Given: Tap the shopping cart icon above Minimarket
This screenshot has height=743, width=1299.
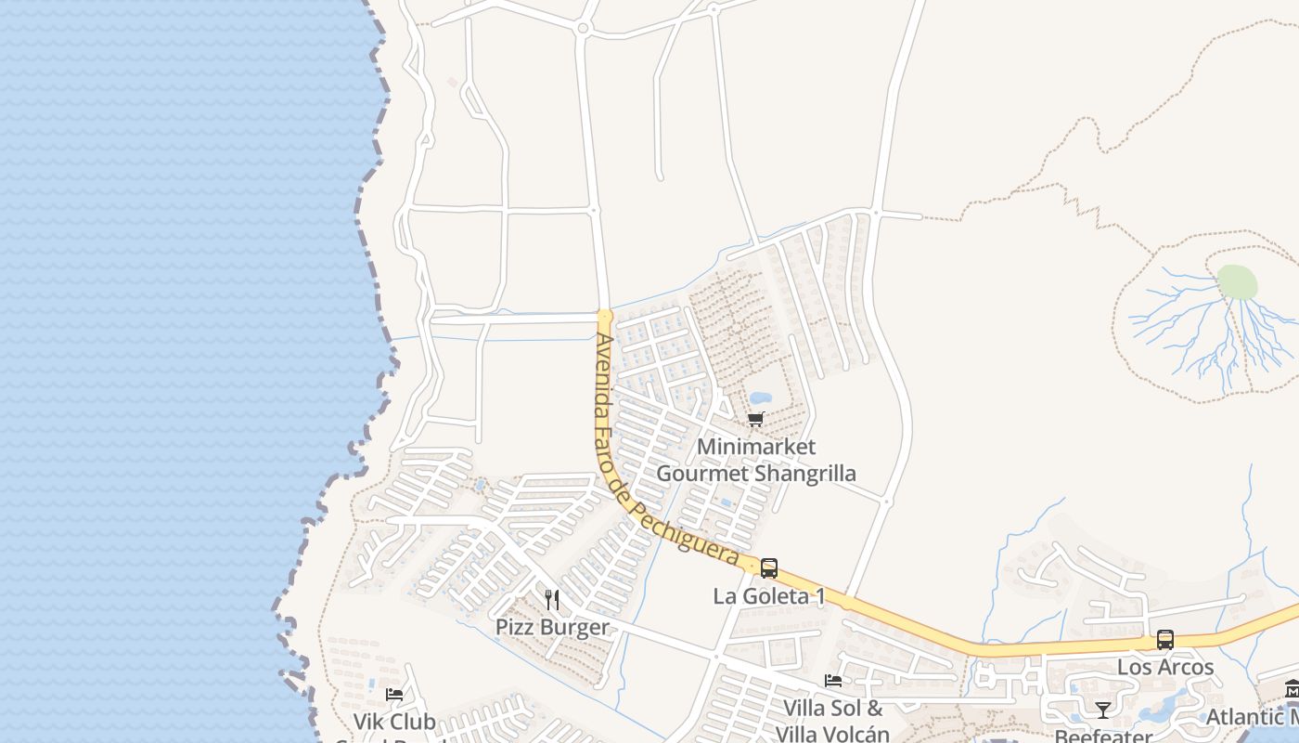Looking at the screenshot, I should click(756, 420).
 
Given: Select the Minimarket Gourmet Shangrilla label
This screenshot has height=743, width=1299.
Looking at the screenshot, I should click(756, 460).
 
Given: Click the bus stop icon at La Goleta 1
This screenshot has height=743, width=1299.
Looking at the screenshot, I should click(769, 568).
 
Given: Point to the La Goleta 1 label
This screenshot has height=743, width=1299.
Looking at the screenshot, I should click(769, 596).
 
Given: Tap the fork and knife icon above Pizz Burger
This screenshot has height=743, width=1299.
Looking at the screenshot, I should click(552, 600).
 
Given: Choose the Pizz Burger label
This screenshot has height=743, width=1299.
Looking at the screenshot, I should click(552, 627).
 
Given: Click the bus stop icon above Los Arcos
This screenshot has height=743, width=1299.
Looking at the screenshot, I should click(1165, 640).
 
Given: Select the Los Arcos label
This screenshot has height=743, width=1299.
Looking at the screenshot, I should click(1165, 667).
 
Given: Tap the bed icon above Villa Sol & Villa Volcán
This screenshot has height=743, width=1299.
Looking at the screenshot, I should click(833, 681).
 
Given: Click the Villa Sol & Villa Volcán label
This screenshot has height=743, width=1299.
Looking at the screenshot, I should click(832, 721).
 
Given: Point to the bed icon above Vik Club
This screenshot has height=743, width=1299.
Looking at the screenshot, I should click(394, 694).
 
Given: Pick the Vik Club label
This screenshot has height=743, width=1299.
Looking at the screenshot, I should click(394, 722).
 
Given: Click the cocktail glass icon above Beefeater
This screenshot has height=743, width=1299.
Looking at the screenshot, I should click(1102, 710).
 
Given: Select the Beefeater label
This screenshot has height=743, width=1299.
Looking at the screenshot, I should click(1102, 736).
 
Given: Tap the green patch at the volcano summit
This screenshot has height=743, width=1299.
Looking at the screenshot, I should click(1237, 282).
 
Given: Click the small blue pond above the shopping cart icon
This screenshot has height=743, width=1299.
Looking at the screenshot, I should click(761, 399).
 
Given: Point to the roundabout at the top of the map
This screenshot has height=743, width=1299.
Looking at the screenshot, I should click(583, 29).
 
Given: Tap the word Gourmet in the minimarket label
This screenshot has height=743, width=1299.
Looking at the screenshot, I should click(702, 474).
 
